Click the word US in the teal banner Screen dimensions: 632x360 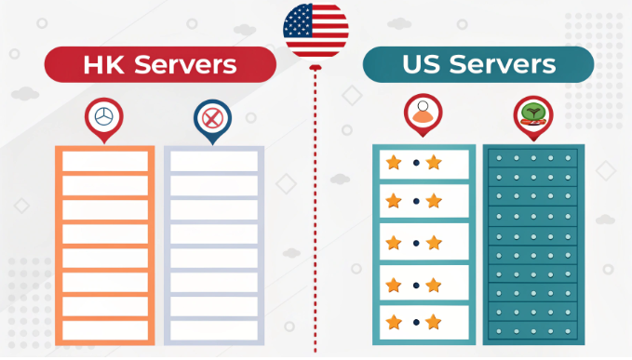(x=424, y=64)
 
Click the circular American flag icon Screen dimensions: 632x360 (x=316, y=29)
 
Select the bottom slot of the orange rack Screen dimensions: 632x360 (x=106, y=330)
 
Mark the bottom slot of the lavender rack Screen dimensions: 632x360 (x=214, y=330)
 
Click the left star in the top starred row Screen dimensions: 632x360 (x=394, y=163)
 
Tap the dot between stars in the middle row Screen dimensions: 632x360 (x=413, y=243)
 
